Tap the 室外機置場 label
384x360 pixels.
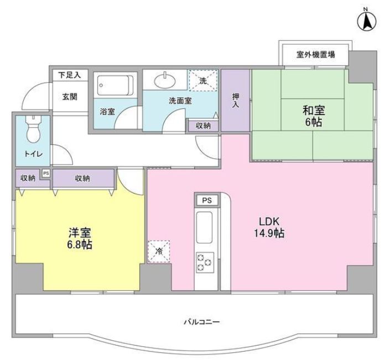315,55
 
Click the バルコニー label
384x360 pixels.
194,322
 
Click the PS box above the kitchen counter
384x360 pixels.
206,200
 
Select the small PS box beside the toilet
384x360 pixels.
45,173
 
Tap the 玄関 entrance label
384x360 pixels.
70,97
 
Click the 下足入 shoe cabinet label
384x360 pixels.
70,74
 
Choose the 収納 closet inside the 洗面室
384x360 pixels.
203,126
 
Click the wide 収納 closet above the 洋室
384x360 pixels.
83,178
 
